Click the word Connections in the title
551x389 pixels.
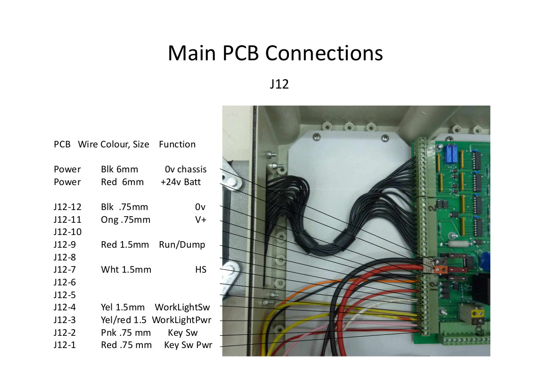click(324, 53)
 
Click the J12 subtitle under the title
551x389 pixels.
click(280, 84)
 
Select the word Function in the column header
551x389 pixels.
click(177, 144)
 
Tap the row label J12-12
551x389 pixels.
click(67, 207)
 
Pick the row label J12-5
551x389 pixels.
click(65, 295)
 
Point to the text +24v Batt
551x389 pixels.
click(181, 182)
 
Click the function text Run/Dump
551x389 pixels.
click(182, 245)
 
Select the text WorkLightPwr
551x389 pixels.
click(181, 320)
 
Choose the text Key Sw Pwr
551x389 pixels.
click(188, 345)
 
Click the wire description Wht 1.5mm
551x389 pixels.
click(126, 270)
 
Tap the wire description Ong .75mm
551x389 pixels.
click(125, 220)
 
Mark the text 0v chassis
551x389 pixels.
click(186, 169)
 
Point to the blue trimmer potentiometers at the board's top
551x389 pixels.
click(451, 154)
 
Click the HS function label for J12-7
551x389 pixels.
click(201, 270)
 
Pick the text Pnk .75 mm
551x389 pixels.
click(126, 332)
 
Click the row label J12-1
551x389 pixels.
click(65, 345)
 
